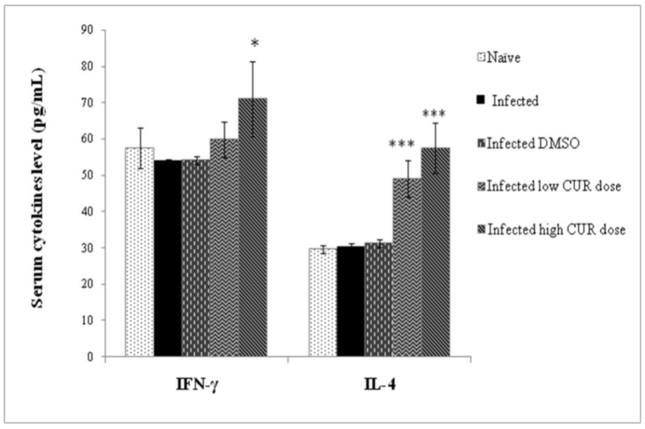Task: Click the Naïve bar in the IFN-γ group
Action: click(x=140, y=252)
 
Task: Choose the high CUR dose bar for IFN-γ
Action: click(x=253, y=227)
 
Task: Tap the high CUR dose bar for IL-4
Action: click(x=435, y=252)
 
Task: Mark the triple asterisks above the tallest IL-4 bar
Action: click(x=434, y=114)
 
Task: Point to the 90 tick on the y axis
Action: click(x=88, y=30)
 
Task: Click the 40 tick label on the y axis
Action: click(x=88, y=211)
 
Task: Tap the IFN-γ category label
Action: click(x=197, y=385)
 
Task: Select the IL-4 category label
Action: click(x=380, y=385)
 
